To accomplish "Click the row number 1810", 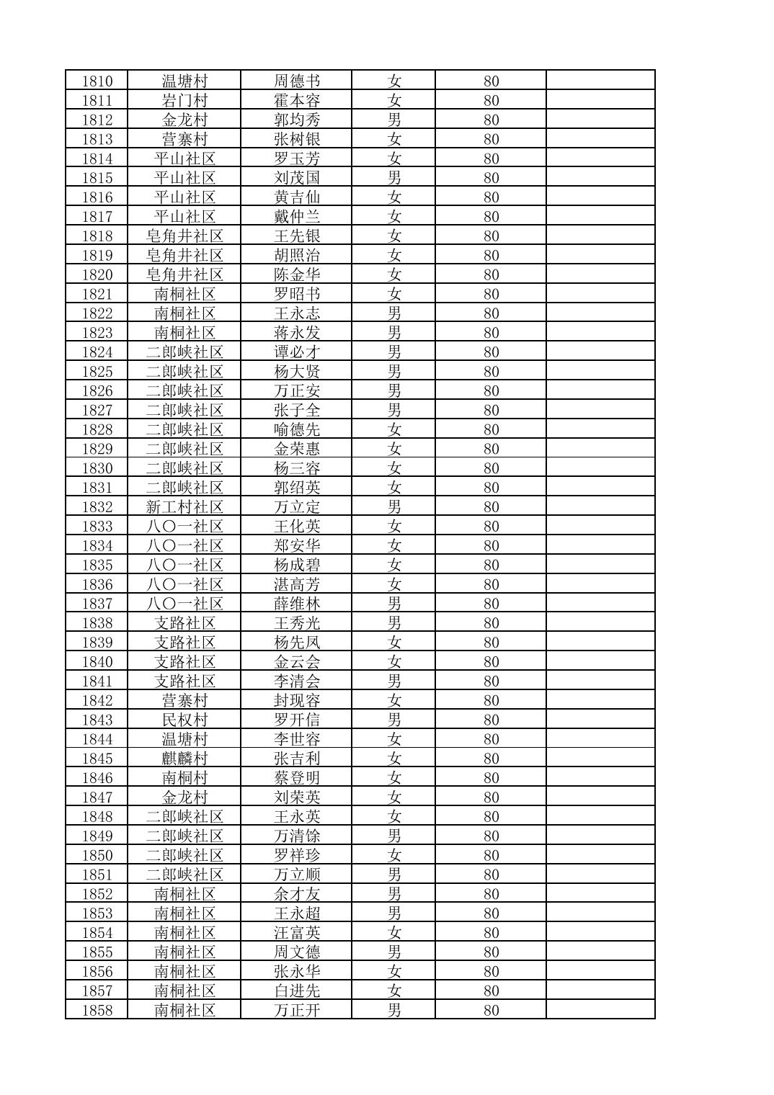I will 97,81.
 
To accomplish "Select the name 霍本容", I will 296,100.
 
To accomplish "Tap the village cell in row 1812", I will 184,120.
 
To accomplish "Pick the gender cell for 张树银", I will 393,139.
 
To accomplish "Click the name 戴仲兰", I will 296,216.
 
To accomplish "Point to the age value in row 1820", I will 491,274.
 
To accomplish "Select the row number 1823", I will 97,333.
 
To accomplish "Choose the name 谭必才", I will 296,352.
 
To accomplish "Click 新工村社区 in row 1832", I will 184,507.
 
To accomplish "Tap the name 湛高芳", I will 296,584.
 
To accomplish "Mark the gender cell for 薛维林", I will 393,604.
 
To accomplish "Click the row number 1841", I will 97,681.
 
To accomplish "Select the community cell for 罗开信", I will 184,720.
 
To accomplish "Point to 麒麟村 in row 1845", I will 184,759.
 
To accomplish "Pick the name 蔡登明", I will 296,778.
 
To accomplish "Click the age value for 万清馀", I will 491,836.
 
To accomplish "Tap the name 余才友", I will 296,894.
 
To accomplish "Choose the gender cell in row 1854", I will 393,933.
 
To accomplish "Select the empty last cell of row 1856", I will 600,972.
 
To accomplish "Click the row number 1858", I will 97,1011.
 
